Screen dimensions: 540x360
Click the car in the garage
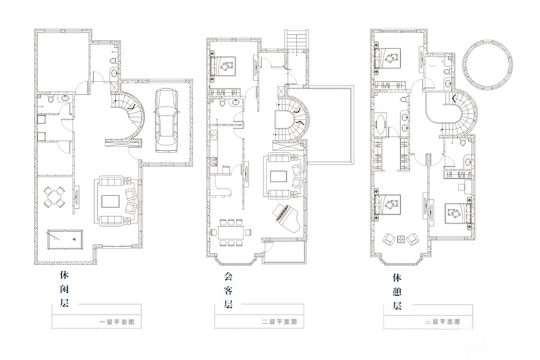pyautogui.click(x=166, y=120)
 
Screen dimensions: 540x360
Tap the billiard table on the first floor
pyautogui.click(x=65, y=239)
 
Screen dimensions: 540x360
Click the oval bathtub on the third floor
pyautogui.click(x=380, y=124)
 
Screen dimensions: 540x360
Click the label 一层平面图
pyautogui.click(x=116, y=322)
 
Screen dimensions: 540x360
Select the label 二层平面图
pyautogui.click(x=279, y=322)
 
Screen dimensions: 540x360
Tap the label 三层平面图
pyautogui.click(x=443, y=322)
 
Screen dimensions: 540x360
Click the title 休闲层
pyautogui.click(x=65, y=289)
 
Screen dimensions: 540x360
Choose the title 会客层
pyautogui.click(x=229, y=290)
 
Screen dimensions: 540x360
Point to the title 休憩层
pyautogui.click(x=397, y=292)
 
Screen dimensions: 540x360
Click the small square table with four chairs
pyautogui.click(x=55, y=197)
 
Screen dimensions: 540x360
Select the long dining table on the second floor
pyautogui.click(x=232, y=232)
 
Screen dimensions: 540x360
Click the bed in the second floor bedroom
pyautogui.click(x=223, y=66)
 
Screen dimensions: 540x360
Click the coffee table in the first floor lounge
pyautogui.click(x=110, y=201)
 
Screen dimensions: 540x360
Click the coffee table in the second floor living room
pyautogui.click(x=278, y=177)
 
